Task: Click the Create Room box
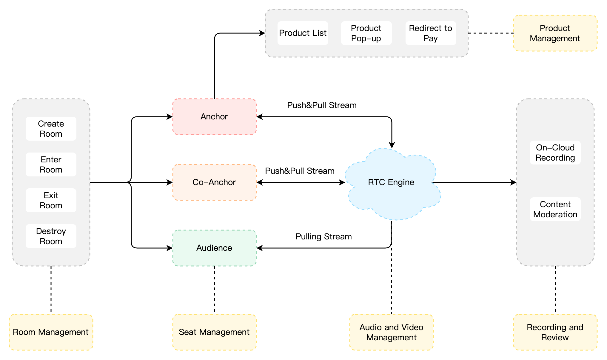(x=51, y=129)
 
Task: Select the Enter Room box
(x=51, y=164)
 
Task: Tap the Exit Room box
(x=51, y=200)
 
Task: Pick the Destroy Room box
(x=51, y=236)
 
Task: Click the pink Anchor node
(x=214, y=117)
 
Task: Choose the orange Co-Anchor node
(x=214, y=182)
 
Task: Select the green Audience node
(x=214, y=248)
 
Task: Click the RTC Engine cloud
(x=391, y=182)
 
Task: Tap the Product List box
(x=303, y=33)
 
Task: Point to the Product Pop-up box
(x=366, y=33)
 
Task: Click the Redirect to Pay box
(x=430, y=33)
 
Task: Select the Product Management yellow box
(x=555, y=33)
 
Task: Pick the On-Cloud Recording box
(x=555, y=153)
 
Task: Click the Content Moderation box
(x=555, y=209)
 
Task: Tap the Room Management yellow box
(x=51, y=332)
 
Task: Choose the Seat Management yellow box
(x=214, y=332)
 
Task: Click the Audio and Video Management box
(x=391, y=332)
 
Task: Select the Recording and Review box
(x=555, y=332)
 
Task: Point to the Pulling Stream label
(x=323, y=236)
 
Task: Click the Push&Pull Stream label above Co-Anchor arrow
(x=300, y=171)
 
